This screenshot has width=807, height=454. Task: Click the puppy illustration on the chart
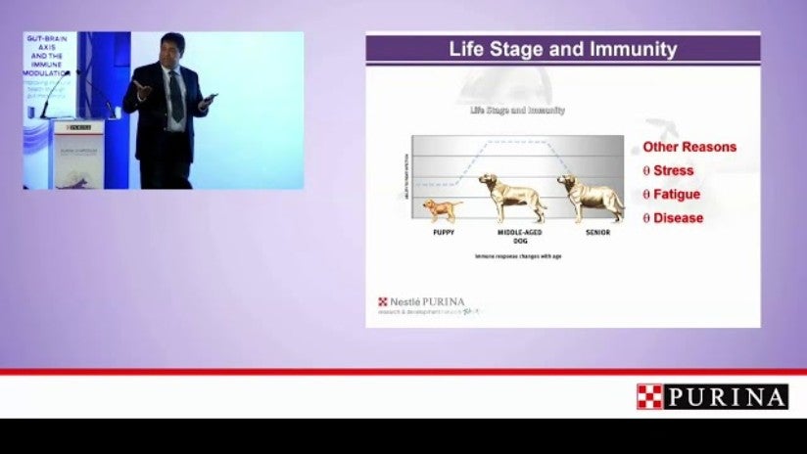click(442, 209)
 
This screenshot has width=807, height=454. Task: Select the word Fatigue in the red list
click(677, 195)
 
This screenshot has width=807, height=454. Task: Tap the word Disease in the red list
click(678, 218)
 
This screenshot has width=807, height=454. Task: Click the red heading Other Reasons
click(689, 148)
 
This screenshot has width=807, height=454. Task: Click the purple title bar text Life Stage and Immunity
click(562, 49)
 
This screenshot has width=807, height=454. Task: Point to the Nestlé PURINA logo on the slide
click(423, 302)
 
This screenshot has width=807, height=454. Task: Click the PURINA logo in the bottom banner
click(726, 396)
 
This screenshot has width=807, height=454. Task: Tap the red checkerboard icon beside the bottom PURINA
click(648, 396)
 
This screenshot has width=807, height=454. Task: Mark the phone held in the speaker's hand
click(209, 99)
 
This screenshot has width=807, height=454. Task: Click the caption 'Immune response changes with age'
click(518, 257)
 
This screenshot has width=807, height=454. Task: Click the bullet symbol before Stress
click(646, 171)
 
